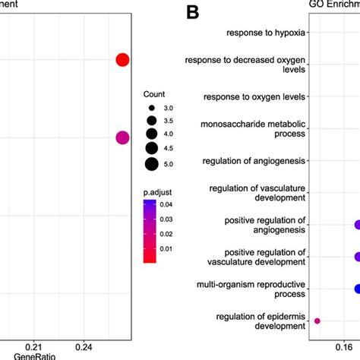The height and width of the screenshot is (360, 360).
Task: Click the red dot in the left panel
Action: [122, 61]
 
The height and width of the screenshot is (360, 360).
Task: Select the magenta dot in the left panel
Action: [122, 137]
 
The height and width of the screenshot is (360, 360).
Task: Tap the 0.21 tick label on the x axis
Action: [33, 346]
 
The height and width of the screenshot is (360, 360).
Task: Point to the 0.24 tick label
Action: [84, 346]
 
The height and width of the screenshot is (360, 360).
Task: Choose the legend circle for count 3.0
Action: [151, 109]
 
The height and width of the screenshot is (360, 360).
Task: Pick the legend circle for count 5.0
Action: [151, 163]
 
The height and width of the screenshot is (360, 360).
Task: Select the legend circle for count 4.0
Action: [151, 134]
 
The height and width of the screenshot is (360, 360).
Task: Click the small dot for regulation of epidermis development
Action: [317, 321]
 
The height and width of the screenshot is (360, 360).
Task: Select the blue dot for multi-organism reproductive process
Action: [358, 289]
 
